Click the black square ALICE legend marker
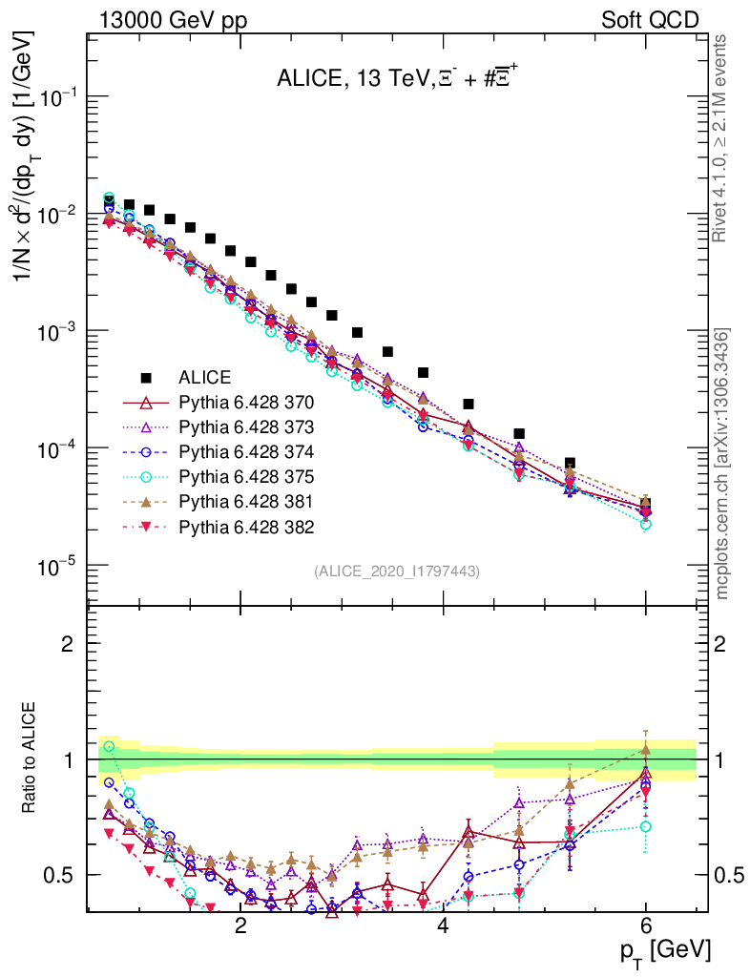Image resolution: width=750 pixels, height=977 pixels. coord(146,378)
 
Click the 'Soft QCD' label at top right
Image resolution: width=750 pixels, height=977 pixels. coord(649,20)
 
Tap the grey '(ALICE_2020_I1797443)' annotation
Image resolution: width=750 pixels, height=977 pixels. coord(396,571)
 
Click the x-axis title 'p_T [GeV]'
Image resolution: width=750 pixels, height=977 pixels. coord(664,950)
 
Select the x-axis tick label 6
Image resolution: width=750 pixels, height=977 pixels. coord(646,925)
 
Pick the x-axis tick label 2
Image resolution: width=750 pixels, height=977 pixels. coord(240,925)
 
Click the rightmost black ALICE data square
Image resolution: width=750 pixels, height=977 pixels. coord(646,503)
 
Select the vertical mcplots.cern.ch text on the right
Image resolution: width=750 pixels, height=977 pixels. coord(722,463)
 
